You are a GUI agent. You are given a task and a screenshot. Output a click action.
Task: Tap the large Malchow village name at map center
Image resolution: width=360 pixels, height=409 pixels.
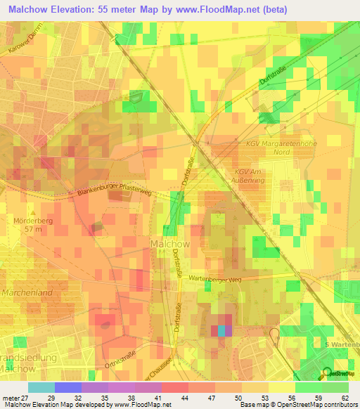pos(170,244)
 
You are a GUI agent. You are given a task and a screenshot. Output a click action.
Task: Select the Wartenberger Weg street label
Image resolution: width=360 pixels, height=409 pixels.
pos(215,279)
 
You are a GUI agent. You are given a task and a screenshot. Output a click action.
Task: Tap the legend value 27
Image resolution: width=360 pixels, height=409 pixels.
pos(28,398)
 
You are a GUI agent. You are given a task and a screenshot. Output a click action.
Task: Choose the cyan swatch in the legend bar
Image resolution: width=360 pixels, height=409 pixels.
pos(41,387)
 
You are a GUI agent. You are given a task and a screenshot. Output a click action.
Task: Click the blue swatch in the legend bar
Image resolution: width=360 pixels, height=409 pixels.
pos(68,387)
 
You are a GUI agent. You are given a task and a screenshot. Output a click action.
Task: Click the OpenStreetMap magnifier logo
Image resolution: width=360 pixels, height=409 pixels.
pos(327,372)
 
